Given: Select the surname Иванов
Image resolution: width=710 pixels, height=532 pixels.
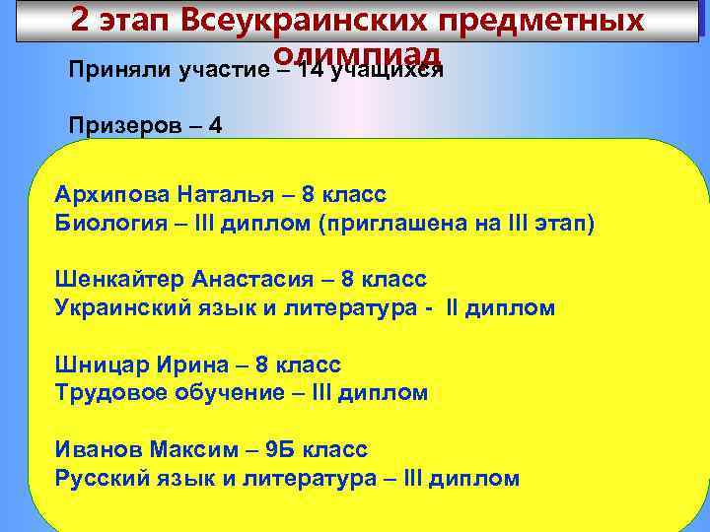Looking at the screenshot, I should [x=99, y=450].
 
